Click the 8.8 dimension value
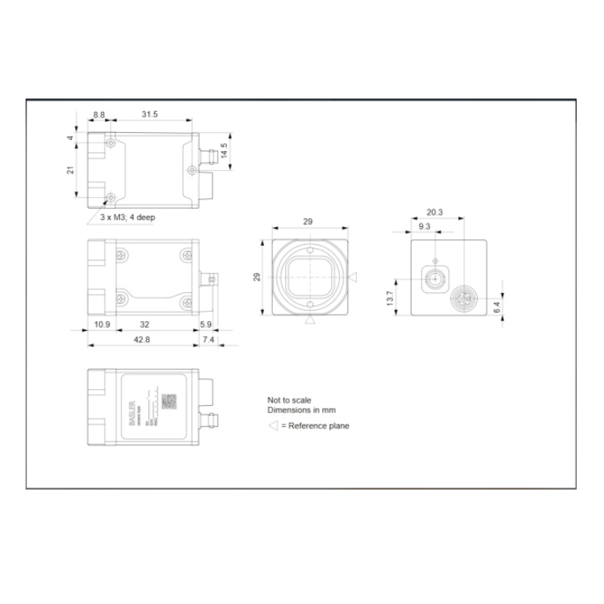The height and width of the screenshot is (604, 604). (x=98, y=116)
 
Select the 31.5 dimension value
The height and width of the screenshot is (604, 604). (x=150, y=116)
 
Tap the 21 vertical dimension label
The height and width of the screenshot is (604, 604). (x=71, y=170)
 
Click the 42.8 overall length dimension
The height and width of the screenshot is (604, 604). (x=142, y=340)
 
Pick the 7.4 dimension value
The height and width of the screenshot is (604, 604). (x=209, y=340)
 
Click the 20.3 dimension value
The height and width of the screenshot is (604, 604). (x=435, y=213)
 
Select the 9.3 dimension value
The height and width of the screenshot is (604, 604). (x=424, y=226)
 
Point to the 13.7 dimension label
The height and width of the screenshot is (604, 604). (x=390, y=299)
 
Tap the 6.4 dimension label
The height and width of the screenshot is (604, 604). (x=496, y=307)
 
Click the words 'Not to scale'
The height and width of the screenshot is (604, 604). (x=289, y=400)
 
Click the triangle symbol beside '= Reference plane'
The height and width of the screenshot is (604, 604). (x=273, y=426)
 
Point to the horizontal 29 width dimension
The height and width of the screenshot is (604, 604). (x=308, y=221)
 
